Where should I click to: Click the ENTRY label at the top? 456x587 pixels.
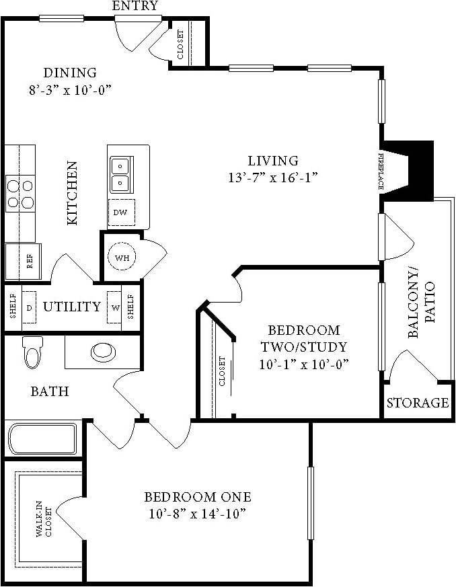(x=135, y=6)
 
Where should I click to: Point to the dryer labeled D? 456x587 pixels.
(x=30, y=307)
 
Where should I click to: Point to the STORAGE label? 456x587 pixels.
(x=418, y=403)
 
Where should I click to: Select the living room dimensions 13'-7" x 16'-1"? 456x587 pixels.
(x=272, y=178)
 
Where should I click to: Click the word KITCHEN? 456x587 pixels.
(x=72, y=192)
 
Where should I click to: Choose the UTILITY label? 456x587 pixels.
(x=72, y=307)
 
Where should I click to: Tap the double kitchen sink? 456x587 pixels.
(x=120, y=173)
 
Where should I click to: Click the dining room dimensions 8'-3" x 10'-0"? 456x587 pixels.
(x=70, y=89)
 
